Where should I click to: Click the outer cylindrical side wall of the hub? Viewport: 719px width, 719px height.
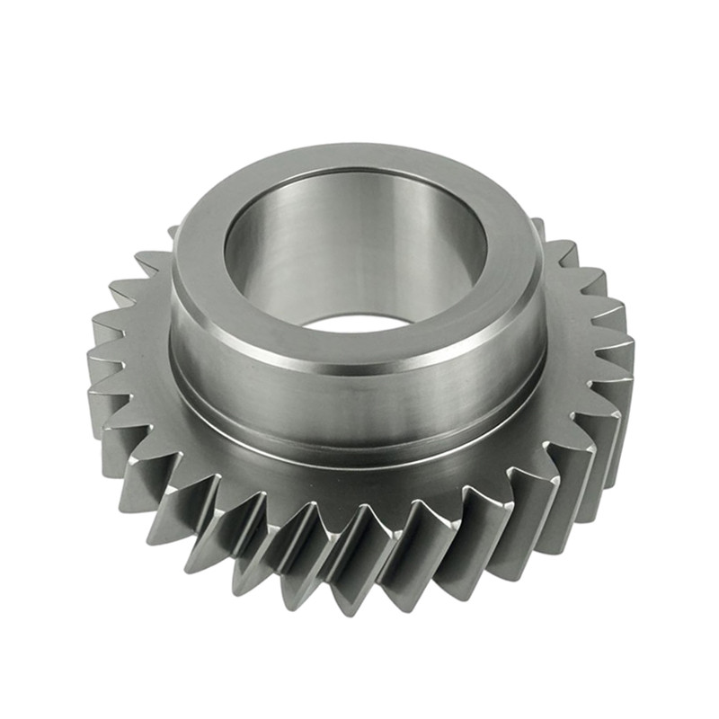(x=359, y=395)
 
